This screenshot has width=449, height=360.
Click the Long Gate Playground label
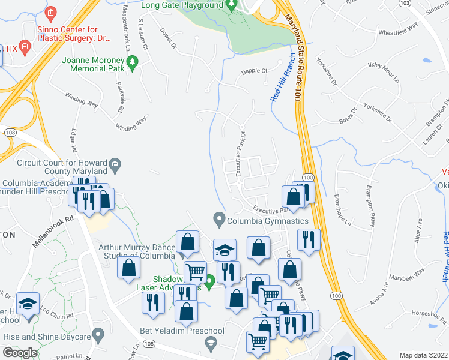pos(182,5)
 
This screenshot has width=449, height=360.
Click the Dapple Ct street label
pos(254,71)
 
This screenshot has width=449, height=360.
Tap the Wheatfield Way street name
pos(397,29)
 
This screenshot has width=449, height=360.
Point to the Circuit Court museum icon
pos(115,163)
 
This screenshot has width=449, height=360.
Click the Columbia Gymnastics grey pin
pos(219,218)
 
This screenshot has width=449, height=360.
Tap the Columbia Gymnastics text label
pos(267,220)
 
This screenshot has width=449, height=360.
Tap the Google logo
pos(20,353)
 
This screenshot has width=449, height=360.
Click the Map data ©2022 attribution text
pos(424,355)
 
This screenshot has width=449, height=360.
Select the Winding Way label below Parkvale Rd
pos(131,124)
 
